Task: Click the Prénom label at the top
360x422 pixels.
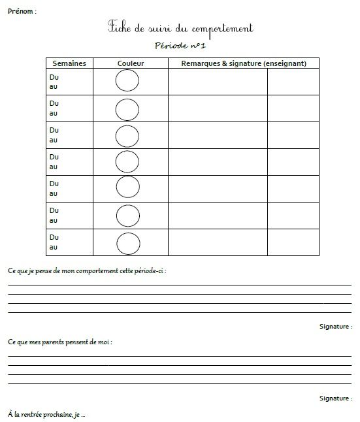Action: click(x=22, y=11)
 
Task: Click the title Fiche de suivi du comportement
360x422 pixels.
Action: click(x=180, y=29)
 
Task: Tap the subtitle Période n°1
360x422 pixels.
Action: click(x=180, y=46)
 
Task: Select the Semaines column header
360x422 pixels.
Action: click(x=70, y=63)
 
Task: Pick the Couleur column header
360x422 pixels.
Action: click(x=131, y=63)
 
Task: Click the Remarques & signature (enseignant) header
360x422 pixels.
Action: click(x=244, y=63)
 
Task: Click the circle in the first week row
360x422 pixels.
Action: click(x=127, y=82)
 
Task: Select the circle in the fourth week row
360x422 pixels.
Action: click(x=127, y=162)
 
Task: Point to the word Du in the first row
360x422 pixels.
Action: click(x=54, y=76)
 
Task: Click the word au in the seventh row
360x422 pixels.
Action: click(x=54, y=248)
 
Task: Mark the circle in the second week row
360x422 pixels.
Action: click(x=127, y=108)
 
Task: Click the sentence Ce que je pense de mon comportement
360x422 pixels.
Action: click(x=87, y=270)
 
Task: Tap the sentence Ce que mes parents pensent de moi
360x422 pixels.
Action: click(x=65, y=342)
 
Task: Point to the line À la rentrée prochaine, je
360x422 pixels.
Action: click(x=46, y=414)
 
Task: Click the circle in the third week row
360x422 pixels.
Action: click(x=127, y=135)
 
